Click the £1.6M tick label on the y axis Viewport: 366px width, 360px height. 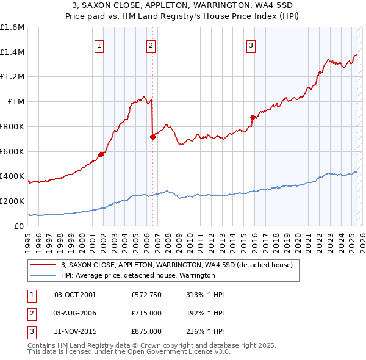(x=12, y=27)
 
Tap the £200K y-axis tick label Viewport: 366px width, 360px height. (x=12, y=201)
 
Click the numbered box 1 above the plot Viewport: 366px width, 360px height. (x=99, y=44)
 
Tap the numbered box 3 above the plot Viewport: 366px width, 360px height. (x=251, y=44)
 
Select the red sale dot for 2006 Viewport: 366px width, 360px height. (x=152, y=137)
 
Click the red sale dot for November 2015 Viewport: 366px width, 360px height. (x=253, y=117)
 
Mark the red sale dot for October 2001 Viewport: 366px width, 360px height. (x=101, y=155)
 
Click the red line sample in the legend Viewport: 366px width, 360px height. (x=43, y=265)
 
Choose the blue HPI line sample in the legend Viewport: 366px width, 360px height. (x=43, y=275)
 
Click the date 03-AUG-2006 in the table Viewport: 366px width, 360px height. (x=75, y=313)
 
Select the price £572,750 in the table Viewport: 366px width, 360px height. (x=146, y=295)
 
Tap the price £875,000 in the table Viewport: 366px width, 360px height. (x=146, y=331)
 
